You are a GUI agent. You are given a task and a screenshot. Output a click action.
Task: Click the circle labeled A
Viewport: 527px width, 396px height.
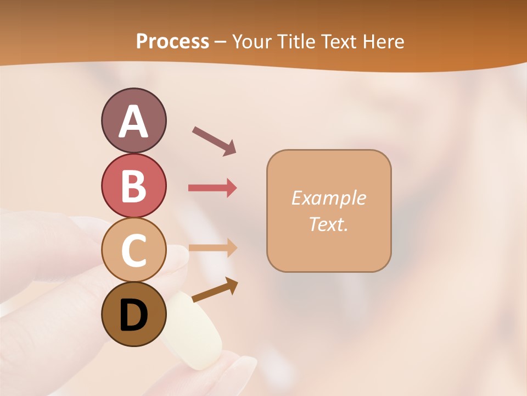pyautogui.click(x=133, y=120)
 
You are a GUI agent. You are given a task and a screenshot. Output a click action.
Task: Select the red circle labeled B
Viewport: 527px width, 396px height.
pyautogui.click(x=133, y=185)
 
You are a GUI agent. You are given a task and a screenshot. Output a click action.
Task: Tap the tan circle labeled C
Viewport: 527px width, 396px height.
pyautogui.click(x=133, y=250)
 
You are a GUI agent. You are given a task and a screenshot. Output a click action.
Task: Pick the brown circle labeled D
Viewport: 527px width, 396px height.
pyautogui.click(x=133, y=315)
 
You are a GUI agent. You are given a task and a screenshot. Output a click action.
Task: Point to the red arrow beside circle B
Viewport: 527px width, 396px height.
pyautogui.click(x=212, y=188)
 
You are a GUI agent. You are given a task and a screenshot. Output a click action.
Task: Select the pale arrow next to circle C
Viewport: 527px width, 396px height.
pyautogui.click(x=212, y=248)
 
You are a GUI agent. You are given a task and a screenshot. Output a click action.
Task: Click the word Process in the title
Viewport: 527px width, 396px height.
pyautogui.click(x=172, y=42)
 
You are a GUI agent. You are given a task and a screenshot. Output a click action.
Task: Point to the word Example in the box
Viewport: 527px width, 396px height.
pyautogui.click(x=328, y=198)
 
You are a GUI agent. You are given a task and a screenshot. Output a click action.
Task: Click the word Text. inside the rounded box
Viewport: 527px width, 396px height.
pyautogui.click(x=328, y=224)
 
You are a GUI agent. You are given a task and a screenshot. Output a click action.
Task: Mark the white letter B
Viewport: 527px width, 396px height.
pyautogui.click(x=133, y=186)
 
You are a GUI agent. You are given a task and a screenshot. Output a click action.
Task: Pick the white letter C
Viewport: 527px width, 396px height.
pyautogui.click(x=133, y=251)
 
